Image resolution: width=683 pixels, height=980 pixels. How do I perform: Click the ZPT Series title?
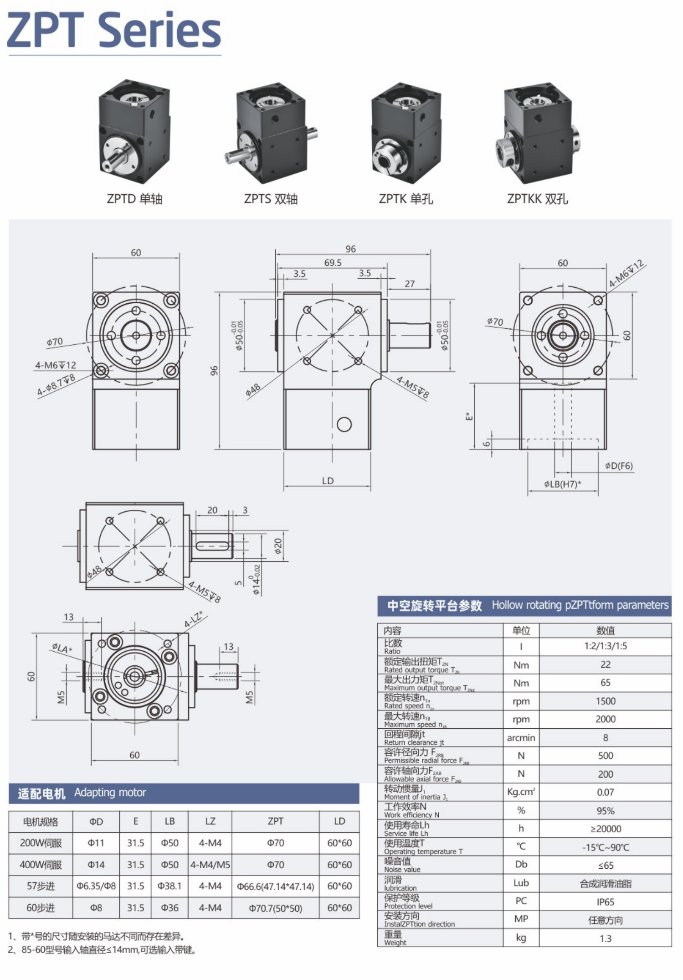click(x=114, y=30)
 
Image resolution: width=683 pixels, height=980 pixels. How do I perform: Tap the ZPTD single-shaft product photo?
click(x=134, y=132)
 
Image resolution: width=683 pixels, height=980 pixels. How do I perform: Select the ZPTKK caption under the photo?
click(x=537, y=199)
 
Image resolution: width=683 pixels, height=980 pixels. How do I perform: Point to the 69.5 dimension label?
click(x=333, y=263)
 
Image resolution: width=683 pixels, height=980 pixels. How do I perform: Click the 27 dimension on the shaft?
click(x=410, y=284)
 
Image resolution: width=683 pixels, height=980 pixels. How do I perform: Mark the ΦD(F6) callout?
click(x=619, y=466)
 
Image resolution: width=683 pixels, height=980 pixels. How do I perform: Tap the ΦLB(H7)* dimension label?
click(x=562, y=484)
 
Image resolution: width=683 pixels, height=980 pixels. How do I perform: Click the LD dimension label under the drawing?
click(x=328, y=481)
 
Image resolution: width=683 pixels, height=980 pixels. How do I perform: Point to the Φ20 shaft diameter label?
click(x=278, y=546)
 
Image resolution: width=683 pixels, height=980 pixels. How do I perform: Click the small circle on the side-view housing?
click(x=344, y=425)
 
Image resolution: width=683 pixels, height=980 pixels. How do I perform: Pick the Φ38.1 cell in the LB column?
click(x=169, y=886)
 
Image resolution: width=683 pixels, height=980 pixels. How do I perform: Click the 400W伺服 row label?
click(x=41, y=865)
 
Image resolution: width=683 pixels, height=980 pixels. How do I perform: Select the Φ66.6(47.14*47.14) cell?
click(x=275, y=887)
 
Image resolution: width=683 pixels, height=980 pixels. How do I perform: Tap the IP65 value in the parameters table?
click(x=605, y=902)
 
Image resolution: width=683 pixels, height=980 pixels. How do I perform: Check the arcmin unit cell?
click(x=521, y=738)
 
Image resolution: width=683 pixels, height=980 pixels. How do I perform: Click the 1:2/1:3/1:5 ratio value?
click(x=605, y=646)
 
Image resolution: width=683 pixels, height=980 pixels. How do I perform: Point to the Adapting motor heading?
click(x=110, y=793)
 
